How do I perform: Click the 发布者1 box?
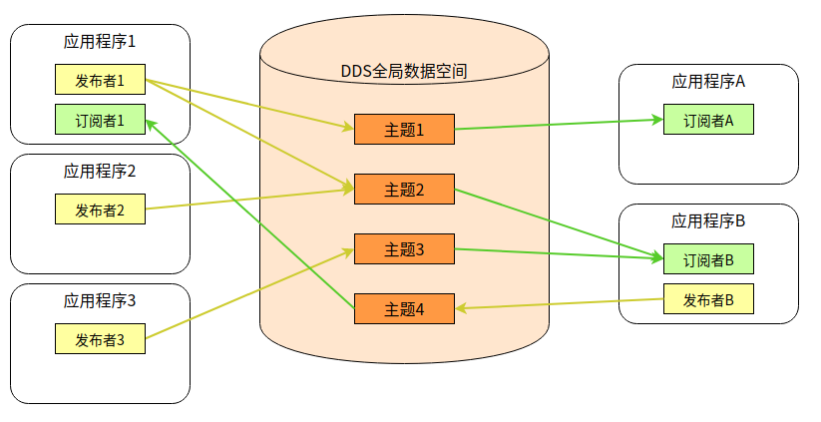click(x=100, y=80)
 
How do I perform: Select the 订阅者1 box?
click(x=100, y=120)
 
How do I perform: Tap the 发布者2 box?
click(x=100, y=210)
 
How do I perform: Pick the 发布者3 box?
click(x=100, y=339)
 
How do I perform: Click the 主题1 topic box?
click(x=404, y=130)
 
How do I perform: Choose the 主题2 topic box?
click(x=404, y=190)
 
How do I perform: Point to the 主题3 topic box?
click(x=404, y=249)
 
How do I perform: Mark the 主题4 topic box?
click(x=404, y=309)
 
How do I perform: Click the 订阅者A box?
click(x=708, y=120)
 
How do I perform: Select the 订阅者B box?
click(x=708, y=259)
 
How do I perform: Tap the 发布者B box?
click(x=708, y=299)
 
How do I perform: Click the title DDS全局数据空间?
click(x=404, y=72)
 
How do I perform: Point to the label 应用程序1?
click(x=100, y=43)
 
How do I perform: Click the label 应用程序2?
click(x=100, y=171)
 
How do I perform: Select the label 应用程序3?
click(x=100, y=300)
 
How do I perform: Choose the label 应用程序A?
click(x=708, y=82)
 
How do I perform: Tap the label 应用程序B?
click(x=708, y=220)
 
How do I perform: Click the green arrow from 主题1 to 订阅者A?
click(x=559, y=124)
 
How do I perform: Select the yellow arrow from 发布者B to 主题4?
click(x=559, y=303)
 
